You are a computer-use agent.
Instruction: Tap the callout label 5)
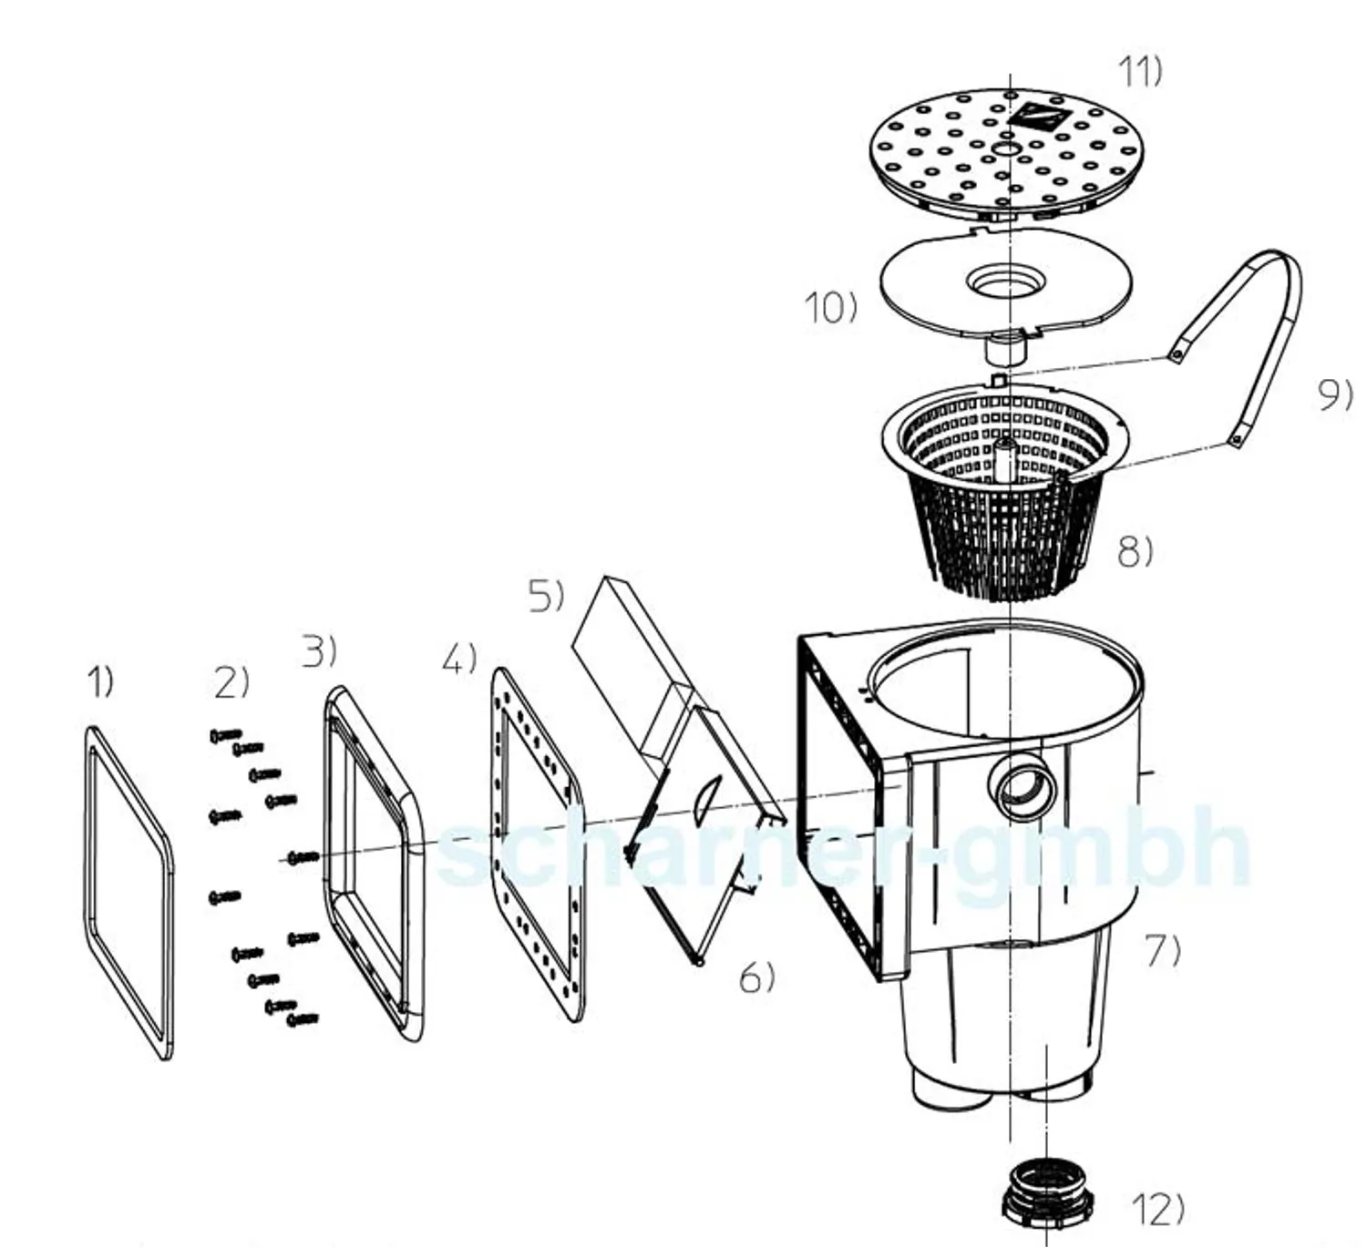547,597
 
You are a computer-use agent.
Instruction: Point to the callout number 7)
1163,952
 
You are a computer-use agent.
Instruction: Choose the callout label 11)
1140,72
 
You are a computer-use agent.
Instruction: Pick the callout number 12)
1158,1210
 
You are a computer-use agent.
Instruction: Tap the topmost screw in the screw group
225,735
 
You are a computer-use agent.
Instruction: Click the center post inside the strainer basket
1005,461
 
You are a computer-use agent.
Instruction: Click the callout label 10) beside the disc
831,308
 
